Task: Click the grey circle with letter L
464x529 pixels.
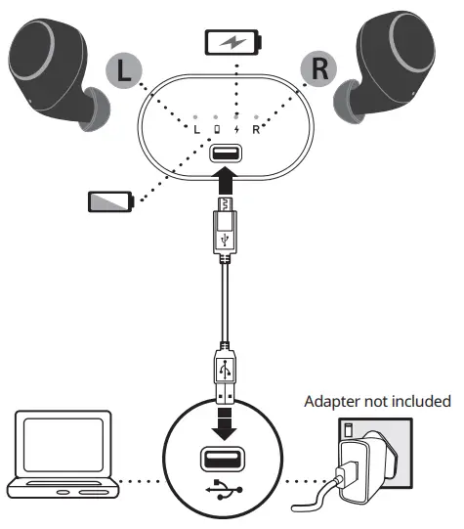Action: [124, 70]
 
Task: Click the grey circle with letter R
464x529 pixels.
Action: [318, 68]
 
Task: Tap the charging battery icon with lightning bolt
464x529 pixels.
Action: [233, 42]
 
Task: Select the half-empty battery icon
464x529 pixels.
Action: [110, 201]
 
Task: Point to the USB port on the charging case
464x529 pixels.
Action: [226, 154]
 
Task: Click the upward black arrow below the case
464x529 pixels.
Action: [226, 180]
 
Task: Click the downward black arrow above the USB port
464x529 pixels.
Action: [225, 424]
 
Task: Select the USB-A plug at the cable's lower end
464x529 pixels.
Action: [225, 374]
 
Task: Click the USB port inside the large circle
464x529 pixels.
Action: [223, 459]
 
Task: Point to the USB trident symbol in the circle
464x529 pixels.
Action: [224, 489]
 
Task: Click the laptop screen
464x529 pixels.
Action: [63, 444]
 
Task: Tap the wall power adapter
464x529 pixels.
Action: [365, 467]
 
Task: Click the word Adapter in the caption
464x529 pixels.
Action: [332, 402]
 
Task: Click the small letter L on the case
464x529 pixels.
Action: [196, 129]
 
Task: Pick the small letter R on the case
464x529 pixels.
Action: [256, 129]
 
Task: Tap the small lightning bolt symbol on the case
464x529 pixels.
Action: [237, 129]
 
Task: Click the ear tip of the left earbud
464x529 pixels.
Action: [95, 109]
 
